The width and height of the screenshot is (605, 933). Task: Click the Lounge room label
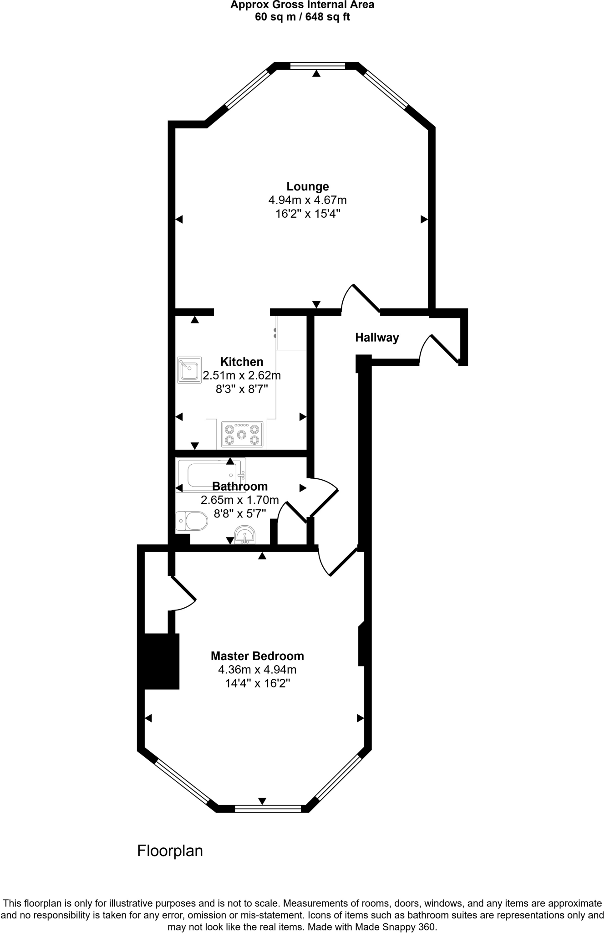coord(307,186)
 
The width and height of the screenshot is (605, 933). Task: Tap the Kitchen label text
coord(242,362)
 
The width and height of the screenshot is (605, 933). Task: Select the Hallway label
coord(377,338)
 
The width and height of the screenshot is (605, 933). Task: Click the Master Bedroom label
coord(257,656)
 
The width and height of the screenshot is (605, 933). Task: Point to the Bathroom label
coord(240,487)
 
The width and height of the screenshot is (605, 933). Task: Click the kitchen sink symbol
coord(189,369)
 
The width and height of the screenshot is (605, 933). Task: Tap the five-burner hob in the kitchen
coord(242,434)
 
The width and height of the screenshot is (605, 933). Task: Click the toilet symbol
coord(192,521)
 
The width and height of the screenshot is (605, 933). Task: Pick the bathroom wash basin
coord(245,535)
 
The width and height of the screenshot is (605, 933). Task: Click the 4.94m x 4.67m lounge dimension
coord(307,200)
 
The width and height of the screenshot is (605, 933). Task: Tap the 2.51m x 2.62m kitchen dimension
coord(242,375)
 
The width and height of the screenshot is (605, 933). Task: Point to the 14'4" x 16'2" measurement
coord(257,683)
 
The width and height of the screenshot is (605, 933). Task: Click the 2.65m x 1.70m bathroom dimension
coord(240,500)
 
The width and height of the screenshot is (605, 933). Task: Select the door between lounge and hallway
coord(361,300)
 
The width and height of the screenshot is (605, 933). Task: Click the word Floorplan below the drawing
coord(170,851)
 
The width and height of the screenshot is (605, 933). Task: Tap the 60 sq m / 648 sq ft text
coord(302,17)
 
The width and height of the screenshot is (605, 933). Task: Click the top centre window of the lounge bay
coord(317,66)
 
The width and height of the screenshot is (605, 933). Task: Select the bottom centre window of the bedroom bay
coord(268,809)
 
